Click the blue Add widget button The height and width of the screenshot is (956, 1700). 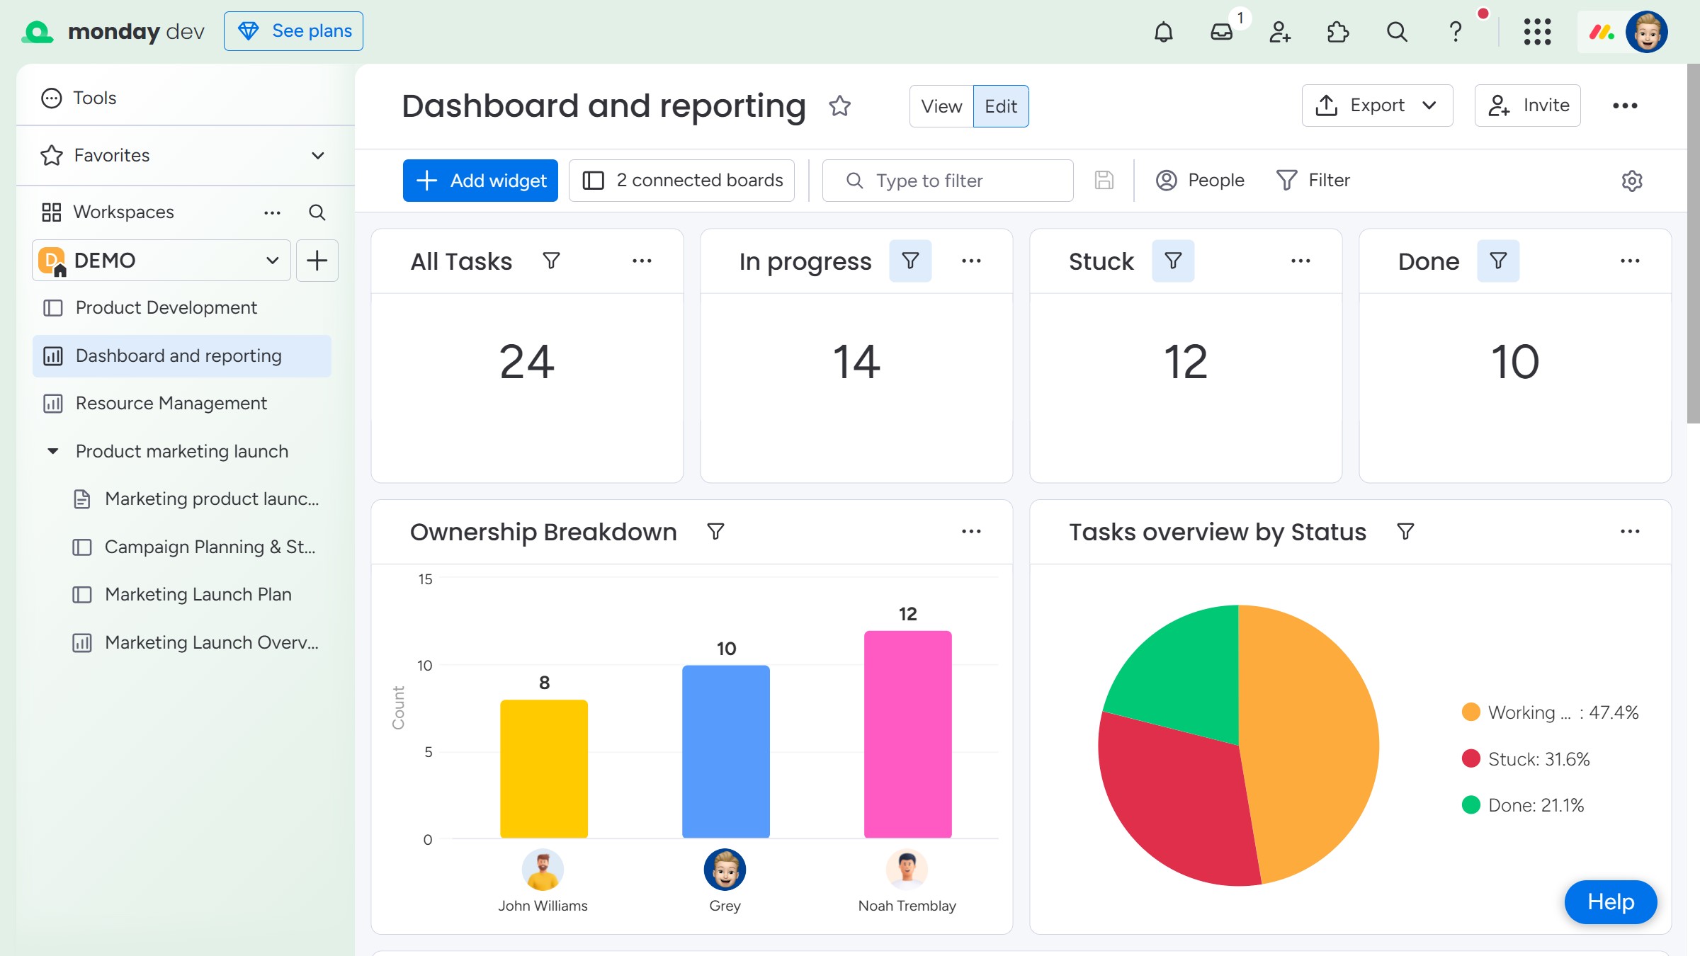(480, 181)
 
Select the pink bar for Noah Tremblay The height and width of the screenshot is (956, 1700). (907, 734)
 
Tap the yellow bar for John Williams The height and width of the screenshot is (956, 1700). (544, 769)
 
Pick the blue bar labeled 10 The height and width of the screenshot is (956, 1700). (726, 751)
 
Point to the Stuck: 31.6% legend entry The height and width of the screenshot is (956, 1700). (1526, 759)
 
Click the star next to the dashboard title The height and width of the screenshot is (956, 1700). (840, 106)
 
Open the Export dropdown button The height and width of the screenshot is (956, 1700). (1377, 106)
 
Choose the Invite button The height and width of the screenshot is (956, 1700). (1528, 106)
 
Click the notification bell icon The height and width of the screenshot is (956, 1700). (1164, 32)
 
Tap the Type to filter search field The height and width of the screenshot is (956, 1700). (948, 181)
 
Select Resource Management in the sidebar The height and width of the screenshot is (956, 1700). (171, 403)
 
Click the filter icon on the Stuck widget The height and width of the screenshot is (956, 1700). (1173, 261)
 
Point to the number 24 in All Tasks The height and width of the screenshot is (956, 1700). (527, 362)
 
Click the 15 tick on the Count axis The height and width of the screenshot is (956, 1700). (425, 579)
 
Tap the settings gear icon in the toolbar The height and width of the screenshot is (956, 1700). (1632, 181)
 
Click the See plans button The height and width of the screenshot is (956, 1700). (293, 31)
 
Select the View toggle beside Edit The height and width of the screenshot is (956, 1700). (941, 106)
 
